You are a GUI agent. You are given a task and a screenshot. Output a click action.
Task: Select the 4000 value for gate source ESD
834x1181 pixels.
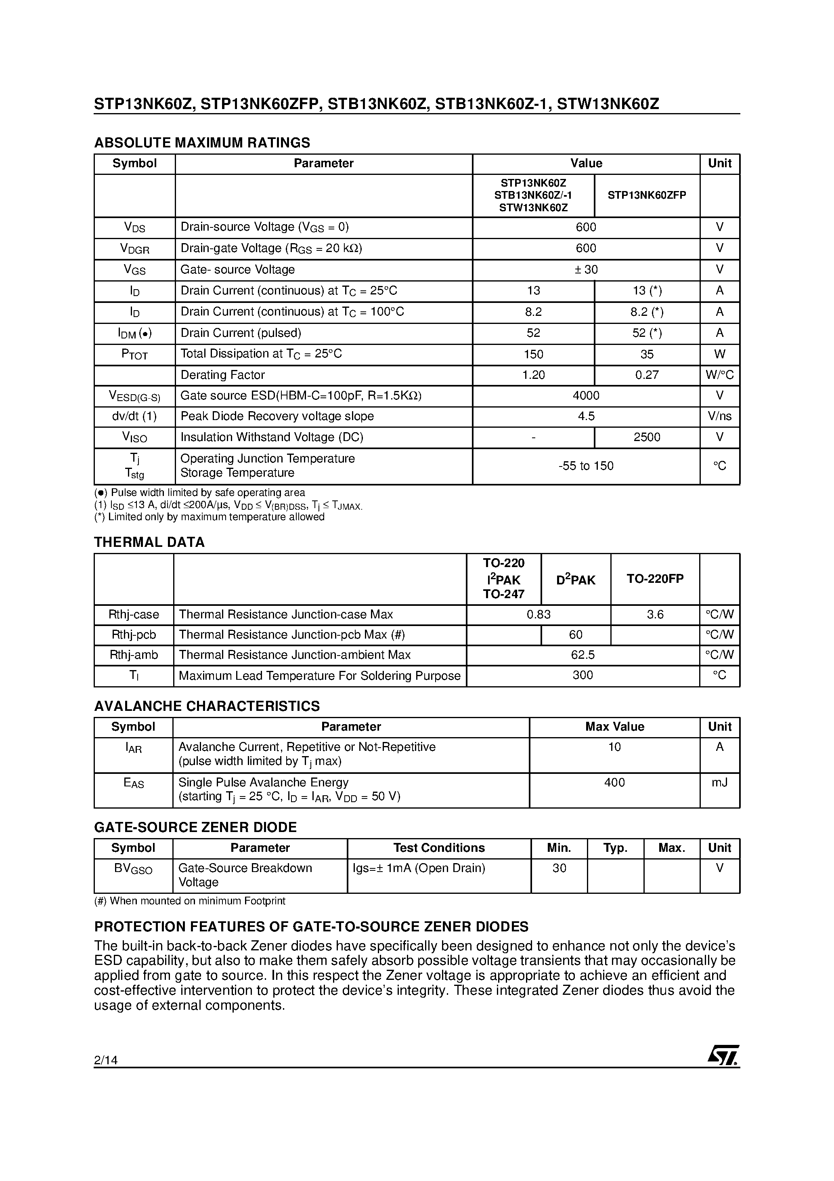click(x=586, y=395)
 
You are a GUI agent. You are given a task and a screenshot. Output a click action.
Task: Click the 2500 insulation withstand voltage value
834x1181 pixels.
click(x=646, y=437)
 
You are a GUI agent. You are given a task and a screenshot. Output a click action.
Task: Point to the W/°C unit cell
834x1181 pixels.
click(x=719, y=374)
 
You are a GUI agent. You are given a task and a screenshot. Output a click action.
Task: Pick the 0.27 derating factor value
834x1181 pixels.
click(x=646, y=374)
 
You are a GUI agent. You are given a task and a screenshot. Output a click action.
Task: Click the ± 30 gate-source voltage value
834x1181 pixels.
click(x=586, y=269)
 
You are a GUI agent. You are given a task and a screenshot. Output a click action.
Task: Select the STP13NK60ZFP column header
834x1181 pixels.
click(x=646, y=195)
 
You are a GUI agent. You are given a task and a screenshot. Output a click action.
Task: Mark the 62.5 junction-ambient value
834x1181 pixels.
click(x=583, y=655)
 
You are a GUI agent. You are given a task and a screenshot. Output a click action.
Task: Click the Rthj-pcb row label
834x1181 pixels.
click(x=134, y=635)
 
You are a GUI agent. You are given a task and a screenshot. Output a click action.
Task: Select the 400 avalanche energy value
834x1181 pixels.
click(x=614, y=782)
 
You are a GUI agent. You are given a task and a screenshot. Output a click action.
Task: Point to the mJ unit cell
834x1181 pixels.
click(x=719, y=782)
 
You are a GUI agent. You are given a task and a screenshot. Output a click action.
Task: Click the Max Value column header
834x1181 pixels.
click(x=614, y=727)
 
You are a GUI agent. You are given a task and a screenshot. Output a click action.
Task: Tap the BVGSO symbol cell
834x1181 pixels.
click(x=133, y=869)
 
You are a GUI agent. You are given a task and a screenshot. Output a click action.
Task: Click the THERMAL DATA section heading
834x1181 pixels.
click(x=149, y=542)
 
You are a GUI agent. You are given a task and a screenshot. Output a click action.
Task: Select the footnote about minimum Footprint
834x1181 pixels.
click(x=190, y=901)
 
